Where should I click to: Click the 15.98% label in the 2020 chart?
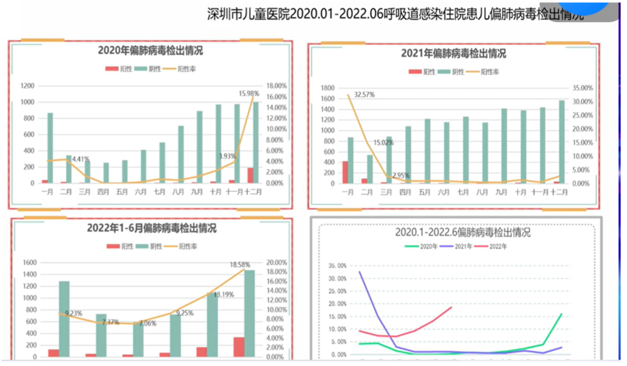[248, 94]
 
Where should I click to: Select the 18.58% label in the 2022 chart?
[240, 265]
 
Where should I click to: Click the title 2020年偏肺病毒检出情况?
[150, 51]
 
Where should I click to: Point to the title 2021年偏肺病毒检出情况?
[453, 53]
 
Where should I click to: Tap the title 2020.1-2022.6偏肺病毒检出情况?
[462, 232]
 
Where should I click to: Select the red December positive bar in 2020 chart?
[250, 175]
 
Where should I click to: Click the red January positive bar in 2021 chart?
[345, 172]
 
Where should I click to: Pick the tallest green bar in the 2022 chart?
[249, 313]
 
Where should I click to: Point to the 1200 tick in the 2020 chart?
[27, 86]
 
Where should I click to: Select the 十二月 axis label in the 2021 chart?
[559, 192]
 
